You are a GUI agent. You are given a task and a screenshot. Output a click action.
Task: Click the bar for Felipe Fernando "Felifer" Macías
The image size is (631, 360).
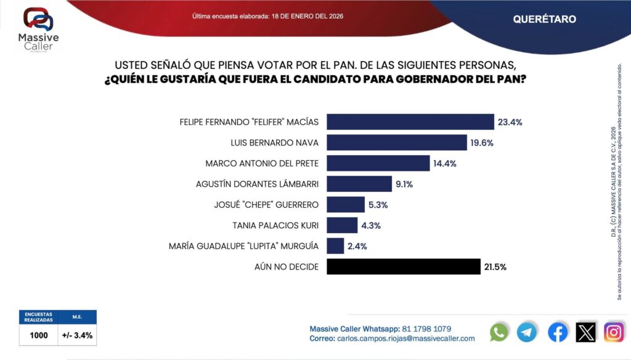[410, 122]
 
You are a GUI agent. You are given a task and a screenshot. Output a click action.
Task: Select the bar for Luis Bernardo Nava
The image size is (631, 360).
[396, 143]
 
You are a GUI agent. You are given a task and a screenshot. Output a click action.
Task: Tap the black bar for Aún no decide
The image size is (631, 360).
[403, 267]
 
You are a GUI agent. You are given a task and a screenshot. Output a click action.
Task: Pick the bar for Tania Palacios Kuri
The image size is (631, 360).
[342, 226]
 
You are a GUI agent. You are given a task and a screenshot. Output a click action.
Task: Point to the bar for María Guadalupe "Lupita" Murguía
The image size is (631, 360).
[335, 246]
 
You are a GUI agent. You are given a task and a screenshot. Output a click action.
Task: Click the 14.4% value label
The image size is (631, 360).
[445, 163]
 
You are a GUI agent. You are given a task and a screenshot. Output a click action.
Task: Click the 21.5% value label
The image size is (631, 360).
[495, 267]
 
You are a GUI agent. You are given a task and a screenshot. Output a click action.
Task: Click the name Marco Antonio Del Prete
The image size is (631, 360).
[261, 163]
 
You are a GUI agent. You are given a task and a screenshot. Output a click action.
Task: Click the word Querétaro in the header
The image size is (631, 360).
[544, 19]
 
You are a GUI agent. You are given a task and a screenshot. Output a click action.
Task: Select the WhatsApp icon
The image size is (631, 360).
[499, 332]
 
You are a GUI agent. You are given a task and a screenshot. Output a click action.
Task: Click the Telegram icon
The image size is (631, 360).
[527, 332]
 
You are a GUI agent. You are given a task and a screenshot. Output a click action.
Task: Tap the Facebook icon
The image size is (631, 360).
[558, 332]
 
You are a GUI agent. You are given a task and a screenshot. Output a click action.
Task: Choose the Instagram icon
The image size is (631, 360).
[614, 332]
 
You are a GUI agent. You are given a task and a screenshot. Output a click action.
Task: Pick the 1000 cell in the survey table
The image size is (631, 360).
[39, 336]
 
